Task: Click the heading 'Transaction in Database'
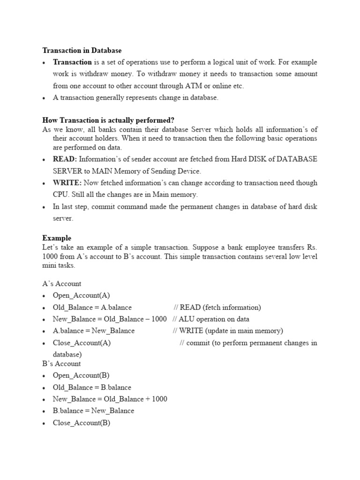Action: click(x=82, y=50)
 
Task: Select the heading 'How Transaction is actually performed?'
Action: click(x=108, y=120)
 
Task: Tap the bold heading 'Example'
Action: click(x=57, y=238)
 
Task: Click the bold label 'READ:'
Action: click(x=65, y=159)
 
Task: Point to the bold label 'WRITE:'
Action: click(x=67, y=183)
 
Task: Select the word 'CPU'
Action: click(x=60, y=195)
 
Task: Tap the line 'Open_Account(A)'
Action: click(x=81, y=295)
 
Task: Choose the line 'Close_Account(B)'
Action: click(x=81, y=422)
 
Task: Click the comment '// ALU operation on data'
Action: click(x=211, y=319)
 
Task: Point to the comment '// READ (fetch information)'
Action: click(x=217, y=307)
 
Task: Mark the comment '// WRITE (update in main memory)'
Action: click(x=228, y=331)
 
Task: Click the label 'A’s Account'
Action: click(x=61, y=284)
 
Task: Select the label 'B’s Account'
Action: click(x=61, y=364)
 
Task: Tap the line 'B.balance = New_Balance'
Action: click(x=93, y=411)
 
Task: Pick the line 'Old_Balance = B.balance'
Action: click(x=92, y=387)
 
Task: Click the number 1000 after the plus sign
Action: click(x=159, y=399)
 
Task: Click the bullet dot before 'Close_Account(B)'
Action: click(x=44, y=423)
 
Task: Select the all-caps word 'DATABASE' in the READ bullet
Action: click(x=297, y=159)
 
